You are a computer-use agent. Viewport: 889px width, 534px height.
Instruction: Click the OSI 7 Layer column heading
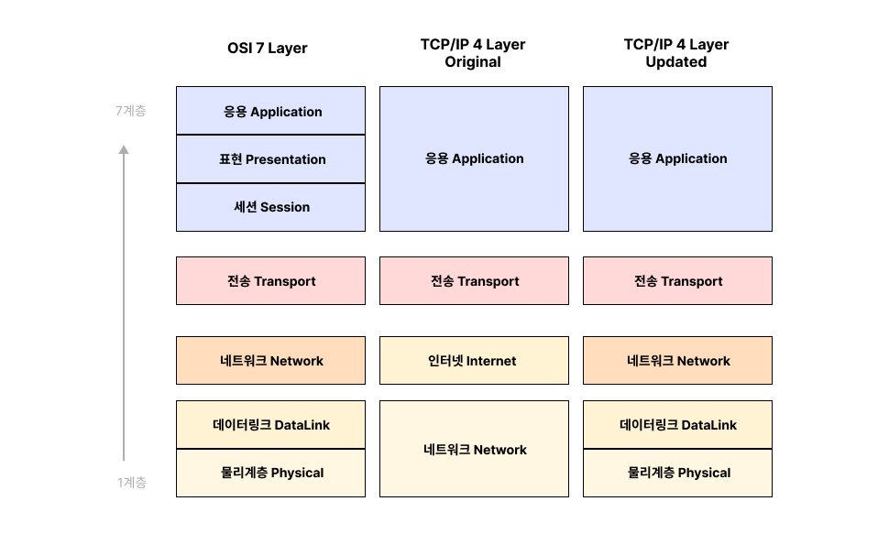coord(267,49)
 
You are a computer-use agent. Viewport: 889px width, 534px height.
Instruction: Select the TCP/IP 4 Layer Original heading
coord(473,53)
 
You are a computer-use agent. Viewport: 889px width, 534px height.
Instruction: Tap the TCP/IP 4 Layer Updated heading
coord(676,53)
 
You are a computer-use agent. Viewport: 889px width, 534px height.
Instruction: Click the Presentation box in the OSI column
coord(271,159)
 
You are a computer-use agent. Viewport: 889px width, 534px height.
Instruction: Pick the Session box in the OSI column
coord(271,207)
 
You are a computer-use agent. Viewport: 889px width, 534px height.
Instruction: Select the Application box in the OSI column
coord(271,112)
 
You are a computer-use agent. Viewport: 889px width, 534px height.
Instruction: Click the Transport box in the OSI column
coord(271,281)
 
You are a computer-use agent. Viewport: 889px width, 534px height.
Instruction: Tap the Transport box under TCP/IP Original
coord(475,281)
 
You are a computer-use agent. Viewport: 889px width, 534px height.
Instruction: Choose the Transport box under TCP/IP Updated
coord(678,281)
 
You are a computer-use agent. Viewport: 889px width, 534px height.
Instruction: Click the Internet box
coord(475,361)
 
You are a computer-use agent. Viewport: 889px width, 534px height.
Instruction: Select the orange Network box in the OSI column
coord(271,361)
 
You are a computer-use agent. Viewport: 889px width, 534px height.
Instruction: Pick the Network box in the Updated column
coord(678,361)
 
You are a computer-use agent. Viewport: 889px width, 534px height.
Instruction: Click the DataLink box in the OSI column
coord(271,425)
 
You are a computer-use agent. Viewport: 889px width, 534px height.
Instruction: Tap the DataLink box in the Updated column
coord(678,425)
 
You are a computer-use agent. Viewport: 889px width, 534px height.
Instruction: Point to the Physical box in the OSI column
coord(271,473)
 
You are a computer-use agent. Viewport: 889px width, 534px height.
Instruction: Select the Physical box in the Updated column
coord(678,473)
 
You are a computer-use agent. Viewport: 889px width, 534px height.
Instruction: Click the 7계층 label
coord(130,111)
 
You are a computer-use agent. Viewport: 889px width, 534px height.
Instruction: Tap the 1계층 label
coord(131,483)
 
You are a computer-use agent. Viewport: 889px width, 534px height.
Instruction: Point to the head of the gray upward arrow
coord(124,148)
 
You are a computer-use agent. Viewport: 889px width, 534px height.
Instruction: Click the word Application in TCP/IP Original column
coord(488,158)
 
